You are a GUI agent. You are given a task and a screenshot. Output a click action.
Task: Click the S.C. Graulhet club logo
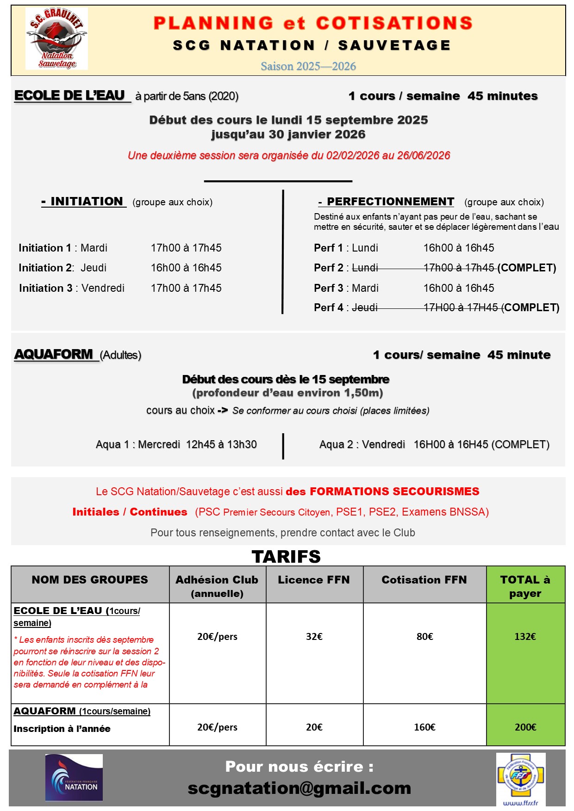click(x=56, y=39)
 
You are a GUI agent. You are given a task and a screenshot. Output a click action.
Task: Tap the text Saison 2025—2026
click(x=308, y=66)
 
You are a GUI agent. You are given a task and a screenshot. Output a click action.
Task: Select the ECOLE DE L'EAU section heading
click(x=70, y=95)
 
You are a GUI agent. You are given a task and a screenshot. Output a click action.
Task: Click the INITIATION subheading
click(x=84, y=202)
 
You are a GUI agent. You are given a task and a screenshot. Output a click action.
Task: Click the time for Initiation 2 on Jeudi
click(x=186, y=268)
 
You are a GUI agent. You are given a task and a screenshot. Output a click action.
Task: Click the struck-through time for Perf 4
click(x=461, y=307)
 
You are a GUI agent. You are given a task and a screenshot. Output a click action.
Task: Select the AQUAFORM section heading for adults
click(x=54, y=354)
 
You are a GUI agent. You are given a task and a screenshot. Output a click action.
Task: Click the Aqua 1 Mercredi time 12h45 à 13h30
click(x=221, y=444)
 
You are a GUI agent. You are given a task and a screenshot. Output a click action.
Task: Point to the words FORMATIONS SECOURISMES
click(x=394, y=491)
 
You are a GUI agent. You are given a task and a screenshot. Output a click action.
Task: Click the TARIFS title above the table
click(x=286, y=557)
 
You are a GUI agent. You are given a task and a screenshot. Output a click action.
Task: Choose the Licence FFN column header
click(x=314, y=580)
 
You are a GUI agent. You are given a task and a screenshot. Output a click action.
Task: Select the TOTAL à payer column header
click(x=525, y=586)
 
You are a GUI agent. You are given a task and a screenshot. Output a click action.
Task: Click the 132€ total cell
click(x=525, y=637)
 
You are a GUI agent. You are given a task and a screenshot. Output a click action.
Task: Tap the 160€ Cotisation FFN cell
click(x=424, y=727)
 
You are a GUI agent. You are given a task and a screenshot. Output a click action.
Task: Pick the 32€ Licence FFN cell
click(x=314, y=637)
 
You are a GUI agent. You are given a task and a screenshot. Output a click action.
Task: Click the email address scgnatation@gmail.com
click(x=299, y=788)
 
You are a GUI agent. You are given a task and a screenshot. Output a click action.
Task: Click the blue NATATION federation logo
click(x=74, y=777)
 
